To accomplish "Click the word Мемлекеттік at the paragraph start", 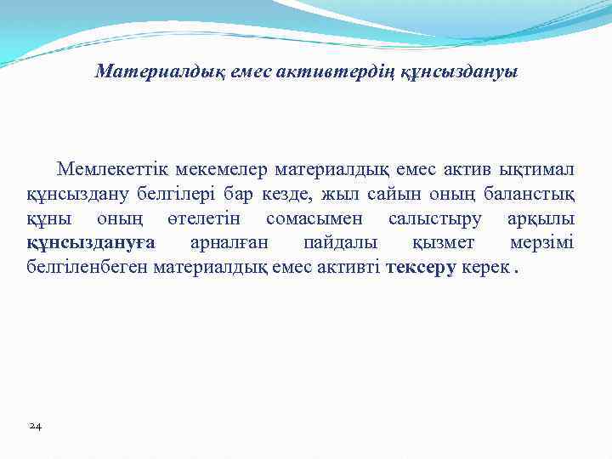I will (x=107, y=171).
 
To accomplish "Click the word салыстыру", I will (x=434, y=220).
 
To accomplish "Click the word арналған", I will (x=228, y=244).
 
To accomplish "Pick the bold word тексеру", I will (x=421, y=269).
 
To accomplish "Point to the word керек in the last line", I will (x=484, y=269).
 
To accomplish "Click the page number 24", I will (x=35, y=425).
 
